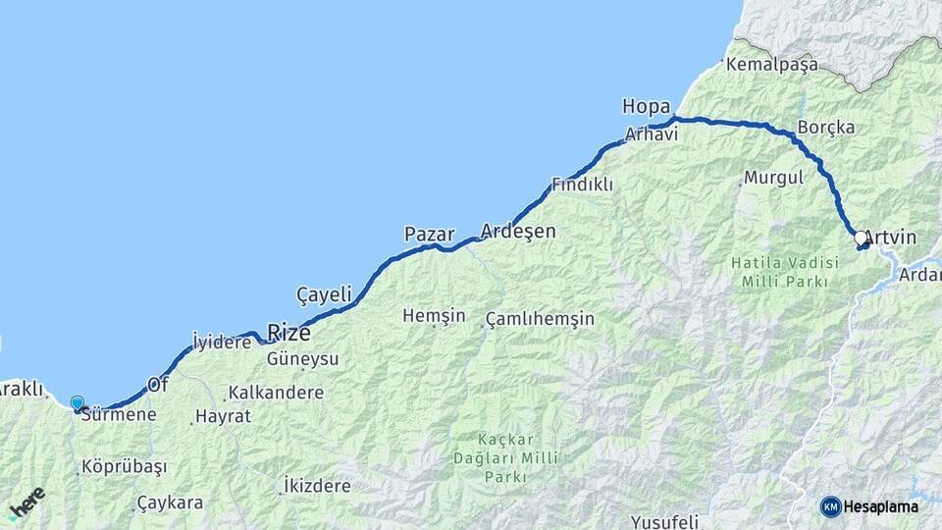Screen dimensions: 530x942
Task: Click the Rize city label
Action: point(288,333)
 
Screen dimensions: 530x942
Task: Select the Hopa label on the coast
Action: point(646,106)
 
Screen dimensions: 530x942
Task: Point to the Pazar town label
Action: point(429,235)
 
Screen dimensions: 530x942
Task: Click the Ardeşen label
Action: point(517,232)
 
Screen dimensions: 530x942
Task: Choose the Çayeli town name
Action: point(324,294)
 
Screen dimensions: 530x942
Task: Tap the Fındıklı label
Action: point(582,185)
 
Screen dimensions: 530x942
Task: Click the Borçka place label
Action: point(825,128)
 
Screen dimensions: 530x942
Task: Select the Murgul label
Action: point(773,178)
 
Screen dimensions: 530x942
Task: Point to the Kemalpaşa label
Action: point(771,65)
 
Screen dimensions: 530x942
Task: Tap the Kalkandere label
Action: point(276,393)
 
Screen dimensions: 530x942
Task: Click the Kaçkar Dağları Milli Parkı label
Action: point(505,457)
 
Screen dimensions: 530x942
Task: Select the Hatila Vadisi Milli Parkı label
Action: point(785,272)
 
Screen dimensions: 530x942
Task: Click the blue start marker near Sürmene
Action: point(78,402)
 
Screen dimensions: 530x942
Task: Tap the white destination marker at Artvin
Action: point(861,238)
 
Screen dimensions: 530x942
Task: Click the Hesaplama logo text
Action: point(879,506)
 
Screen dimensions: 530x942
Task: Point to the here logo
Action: point(26,503)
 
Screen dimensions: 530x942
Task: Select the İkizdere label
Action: point(316,486)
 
